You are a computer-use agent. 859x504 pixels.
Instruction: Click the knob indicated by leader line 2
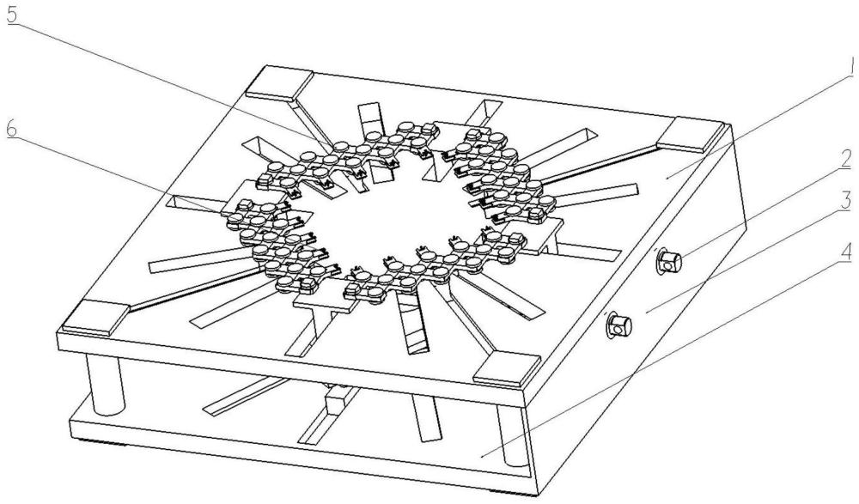(668, 261)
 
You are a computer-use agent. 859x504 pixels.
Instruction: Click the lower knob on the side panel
(618, 326)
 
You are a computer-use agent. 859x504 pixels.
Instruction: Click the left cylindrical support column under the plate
(106, 386)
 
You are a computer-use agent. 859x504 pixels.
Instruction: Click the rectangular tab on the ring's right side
(539, 235)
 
